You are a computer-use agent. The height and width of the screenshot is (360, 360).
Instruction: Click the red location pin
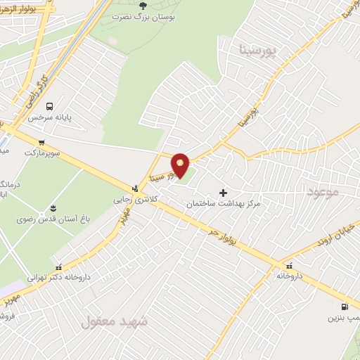point(181,165)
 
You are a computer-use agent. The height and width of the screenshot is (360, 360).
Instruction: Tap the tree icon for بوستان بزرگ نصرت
point(144,5)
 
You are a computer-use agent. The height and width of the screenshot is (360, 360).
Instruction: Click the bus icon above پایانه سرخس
point(49,106)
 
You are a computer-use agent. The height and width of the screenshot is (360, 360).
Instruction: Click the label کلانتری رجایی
point(134,199)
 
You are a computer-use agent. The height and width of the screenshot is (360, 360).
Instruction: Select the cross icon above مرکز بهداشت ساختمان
point(224,193)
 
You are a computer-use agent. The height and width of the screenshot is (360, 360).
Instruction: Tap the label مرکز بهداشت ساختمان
point(224,203)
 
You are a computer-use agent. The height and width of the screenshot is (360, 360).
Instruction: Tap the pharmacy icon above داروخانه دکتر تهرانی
point(58,267)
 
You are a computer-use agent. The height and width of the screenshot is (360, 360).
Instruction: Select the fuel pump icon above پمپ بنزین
point(344,307)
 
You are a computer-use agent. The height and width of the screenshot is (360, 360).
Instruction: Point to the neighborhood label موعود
point(323,191)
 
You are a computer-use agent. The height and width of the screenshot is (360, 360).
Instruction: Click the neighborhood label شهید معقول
point(115,322)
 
